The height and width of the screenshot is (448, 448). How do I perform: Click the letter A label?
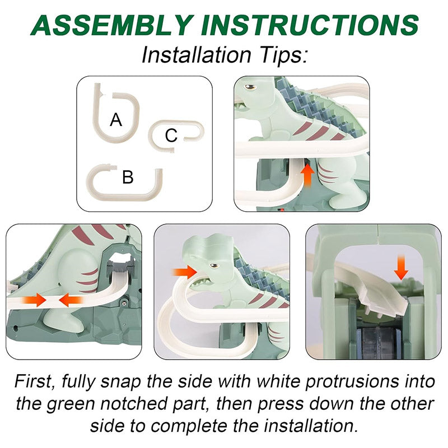click(x=116, y=119)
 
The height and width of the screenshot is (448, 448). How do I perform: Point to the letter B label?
click(x=128, y=178)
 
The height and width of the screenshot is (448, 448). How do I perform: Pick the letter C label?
click(x=171, y=136)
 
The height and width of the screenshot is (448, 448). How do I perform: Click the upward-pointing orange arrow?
click(x=307, y=172)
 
